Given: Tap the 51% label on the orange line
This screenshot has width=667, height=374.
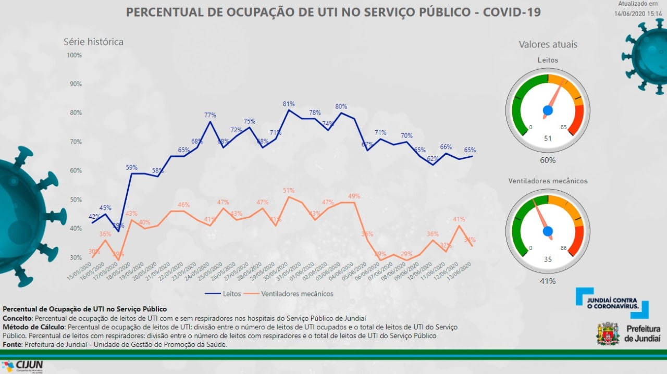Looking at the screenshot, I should [289, 190].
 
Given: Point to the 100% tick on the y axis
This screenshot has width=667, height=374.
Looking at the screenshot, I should [75, 55].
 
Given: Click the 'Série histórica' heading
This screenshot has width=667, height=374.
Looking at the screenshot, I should [93, 42].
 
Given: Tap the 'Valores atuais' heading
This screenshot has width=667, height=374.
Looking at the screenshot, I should [548, 44].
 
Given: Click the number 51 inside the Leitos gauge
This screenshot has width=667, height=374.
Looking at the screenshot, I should [547, 138].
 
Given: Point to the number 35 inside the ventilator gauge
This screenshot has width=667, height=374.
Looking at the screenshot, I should [547, 259].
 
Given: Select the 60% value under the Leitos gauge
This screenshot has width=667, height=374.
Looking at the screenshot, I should [548, 160].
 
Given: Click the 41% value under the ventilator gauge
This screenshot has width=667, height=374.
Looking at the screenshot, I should [548, 281].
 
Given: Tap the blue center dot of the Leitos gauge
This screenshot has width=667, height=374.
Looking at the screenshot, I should [548, 110].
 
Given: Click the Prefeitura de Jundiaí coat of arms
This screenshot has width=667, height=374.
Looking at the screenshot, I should [607, 333].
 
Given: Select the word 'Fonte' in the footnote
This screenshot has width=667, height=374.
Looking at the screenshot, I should [12, 344].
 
